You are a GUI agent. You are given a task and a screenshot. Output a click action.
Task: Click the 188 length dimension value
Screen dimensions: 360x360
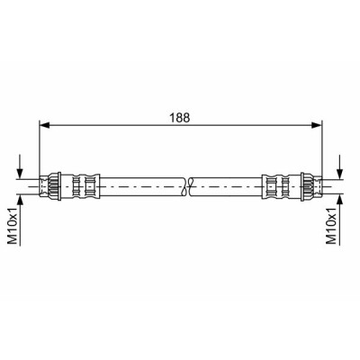click(180, 118)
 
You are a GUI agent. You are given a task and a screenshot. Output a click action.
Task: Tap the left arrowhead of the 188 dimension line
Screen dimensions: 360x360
click(44, 125)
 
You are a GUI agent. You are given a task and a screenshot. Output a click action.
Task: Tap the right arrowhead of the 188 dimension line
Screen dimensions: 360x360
click(317, 125)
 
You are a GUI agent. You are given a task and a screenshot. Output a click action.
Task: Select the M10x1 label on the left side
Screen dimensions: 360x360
click(13, 226)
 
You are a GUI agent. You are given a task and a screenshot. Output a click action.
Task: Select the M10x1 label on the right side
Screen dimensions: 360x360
click(332, 226)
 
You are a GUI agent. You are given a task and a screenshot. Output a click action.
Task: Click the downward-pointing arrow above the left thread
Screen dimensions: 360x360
click(20, 166)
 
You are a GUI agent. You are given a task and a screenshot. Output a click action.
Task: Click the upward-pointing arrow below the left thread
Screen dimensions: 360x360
click(20, 220)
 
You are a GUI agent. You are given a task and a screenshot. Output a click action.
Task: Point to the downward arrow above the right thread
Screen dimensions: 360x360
click(339, 166)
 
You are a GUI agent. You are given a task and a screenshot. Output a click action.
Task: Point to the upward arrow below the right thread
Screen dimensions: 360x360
click(339, 220)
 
